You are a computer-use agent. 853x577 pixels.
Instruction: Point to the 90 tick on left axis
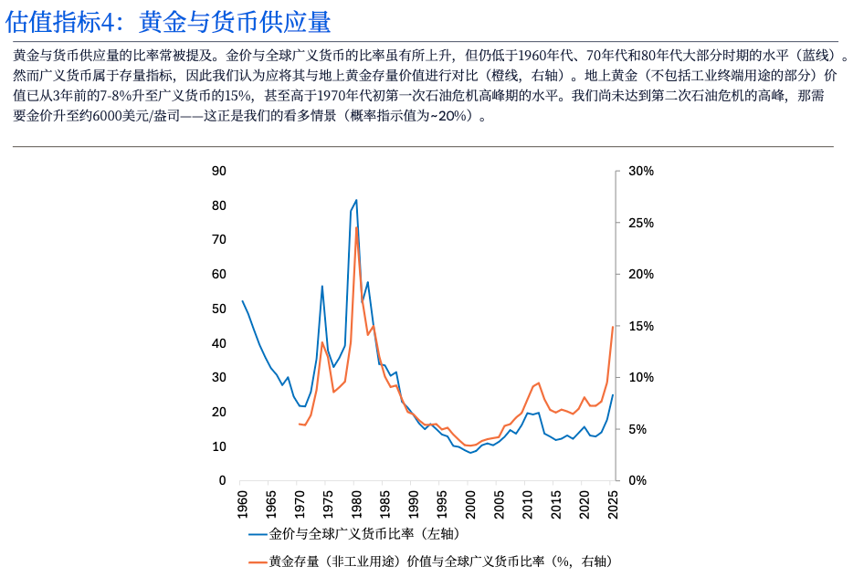point(218,171)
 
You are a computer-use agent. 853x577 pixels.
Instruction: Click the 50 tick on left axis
point(218,309)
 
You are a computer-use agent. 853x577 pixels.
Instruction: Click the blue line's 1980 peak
point(356,200)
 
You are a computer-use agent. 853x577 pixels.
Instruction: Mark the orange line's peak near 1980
point(356,226)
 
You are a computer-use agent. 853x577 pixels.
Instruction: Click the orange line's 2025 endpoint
point(613,327)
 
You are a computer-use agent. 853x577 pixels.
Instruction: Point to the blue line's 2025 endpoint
point(613,395)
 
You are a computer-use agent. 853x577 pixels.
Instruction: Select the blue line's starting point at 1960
point(242,300)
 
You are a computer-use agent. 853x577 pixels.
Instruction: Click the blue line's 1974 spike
point(322,286)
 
